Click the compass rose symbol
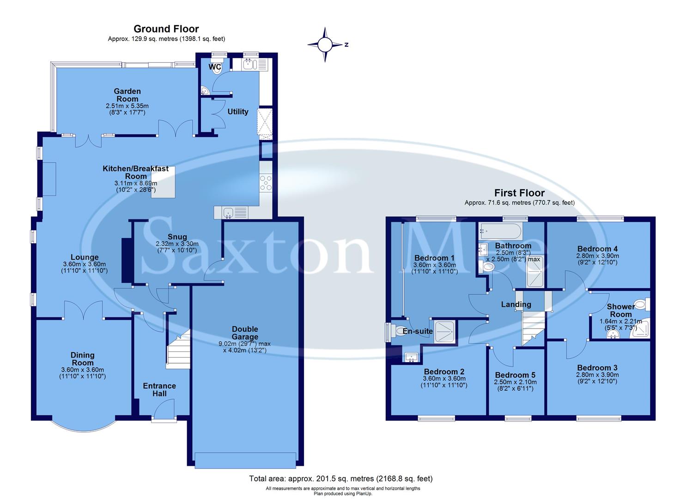325,45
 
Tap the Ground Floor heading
166,29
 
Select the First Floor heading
519,193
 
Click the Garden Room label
127,95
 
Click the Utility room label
237,111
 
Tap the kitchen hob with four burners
266,183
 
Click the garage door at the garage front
245,460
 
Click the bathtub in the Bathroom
501,230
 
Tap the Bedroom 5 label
515,375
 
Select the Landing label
516,304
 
